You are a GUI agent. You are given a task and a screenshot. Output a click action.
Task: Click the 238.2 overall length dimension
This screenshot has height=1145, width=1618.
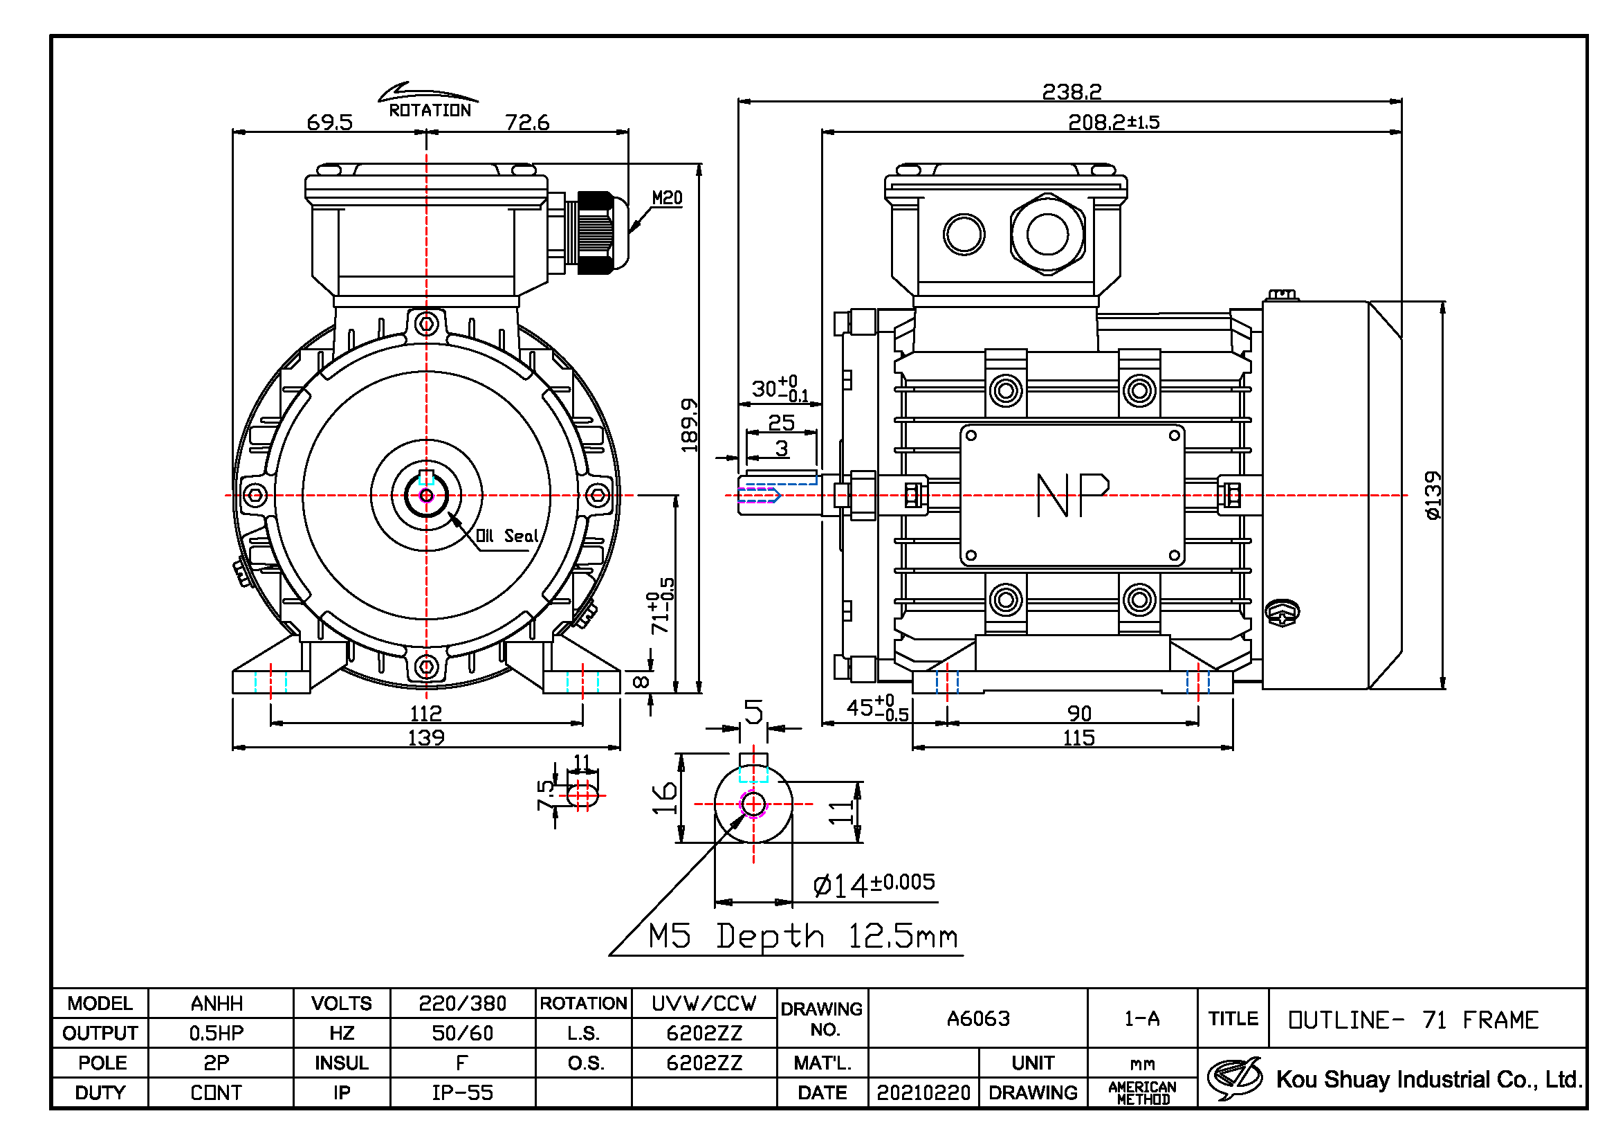pyautogui.click(x=1071, y=91)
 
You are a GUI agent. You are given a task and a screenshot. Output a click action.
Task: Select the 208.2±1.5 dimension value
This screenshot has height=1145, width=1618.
pyautogui.click(x=1114, y=123)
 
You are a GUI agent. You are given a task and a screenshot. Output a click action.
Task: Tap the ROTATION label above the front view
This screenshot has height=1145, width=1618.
pyautogui.click(x=430, y=111)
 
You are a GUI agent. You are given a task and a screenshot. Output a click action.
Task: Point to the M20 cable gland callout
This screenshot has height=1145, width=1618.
pyautogui.click(x=667, y=198)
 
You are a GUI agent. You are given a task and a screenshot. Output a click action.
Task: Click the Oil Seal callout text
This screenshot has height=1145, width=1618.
pyautogui.click(x=507, y=536)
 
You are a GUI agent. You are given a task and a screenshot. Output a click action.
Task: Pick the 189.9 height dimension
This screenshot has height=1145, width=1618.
pyautogui.click(x=689, y=425)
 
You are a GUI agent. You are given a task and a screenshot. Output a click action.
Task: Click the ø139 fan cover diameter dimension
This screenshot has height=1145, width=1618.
pyautogui.click(x=1433, y=496)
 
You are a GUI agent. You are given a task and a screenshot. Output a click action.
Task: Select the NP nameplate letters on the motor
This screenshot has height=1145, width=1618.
pyautogui.click(x=1073, y=495)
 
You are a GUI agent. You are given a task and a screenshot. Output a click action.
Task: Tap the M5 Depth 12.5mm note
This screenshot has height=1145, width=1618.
pyautogui.click(x=803, y=937)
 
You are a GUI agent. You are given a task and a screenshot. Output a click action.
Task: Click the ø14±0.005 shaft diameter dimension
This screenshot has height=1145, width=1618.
pyautogui.click(x=874, y=885)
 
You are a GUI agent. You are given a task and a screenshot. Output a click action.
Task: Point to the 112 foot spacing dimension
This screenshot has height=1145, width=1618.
pyautogui.click(x=425, y=713)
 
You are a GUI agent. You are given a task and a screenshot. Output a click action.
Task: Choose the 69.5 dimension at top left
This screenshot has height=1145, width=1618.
pyautogui.click(x=330, y=123)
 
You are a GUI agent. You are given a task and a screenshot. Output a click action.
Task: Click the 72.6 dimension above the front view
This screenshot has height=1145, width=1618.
pyautogui.click(x=527, y=123)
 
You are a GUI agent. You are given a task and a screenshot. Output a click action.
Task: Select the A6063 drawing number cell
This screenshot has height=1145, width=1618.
pyautogui.click(x=978, y=1019)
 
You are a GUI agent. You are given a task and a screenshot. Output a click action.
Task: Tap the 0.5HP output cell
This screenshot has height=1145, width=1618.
pyautogui.click(x=217, y=1034)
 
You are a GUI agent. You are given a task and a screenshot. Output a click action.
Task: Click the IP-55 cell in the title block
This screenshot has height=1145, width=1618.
pyautogui.click(x=462, y=1093)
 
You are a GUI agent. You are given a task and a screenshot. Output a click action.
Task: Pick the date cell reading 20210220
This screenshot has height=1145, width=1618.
pyautogui.click(x=923, y=1093)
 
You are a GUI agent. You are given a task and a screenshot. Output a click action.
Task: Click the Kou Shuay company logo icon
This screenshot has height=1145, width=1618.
pyautogui.click(x=1235, y=1078)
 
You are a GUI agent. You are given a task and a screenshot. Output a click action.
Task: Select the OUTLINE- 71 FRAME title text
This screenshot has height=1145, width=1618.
pyautogui.click(x=1413, y=1020)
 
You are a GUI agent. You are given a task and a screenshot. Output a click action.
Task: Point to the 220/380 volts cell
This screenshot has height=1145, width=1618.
pyautogui.click(x=462, y=1003)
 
